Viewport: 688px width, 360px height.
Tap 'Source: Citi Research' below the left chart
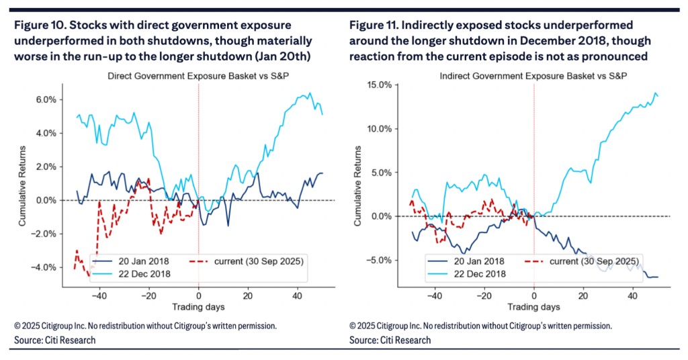tap(55, 341)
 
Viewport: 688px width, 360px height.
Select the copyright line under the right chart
tap(480, 326)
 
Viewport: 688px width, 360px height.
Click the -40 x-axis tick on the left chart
tap(99, 295)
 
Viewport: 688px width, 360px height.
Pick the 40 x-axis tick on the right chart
tap(633, 295)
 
